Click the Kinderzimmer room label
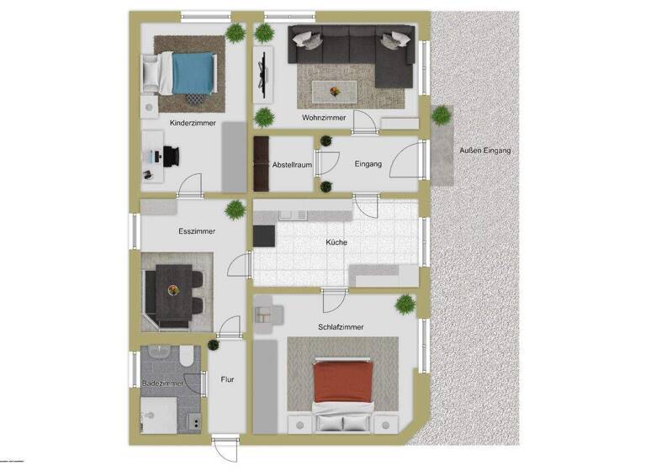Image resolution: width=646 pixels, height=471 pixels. click(x=193, y=123)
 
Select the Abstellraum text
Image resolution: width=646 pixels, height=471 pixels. click(x=292, y=164)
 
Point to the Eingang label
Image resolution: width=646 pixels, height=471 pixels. click(x=368, y=164)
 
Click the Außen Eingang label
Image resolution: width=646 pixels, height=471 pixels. click(x=484, y=151)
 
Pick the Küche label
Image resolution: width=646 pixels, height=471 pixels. click(x=336, y=243)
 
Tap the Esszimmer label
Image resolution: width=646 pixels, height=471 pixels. click(x=197, y=231)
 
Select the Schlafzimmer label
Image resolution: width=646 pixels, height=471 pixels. click(x=341, y=327)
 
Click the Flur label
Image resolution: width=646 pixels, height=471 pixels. click(x=227, y=379)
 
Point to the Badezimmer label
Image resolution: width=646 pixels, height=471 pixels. click(x=163, y=384)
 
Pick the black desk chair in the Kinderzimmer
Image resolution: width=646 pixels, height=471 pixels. click(x=171, y=156)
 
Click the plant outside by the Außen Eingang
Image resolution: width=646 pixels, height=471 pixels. click(x=440, y=116)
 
